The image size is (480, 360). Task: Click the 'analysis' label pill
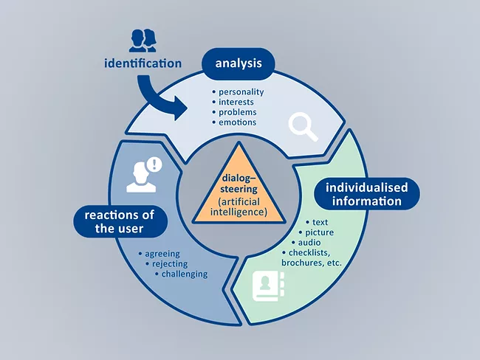point(238,63)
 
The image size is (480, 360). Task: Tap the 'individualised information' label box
point(366,194)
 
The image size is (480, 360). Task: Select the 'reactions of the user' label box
point(118,221)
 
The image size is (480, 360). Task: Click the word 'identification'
point(143,64)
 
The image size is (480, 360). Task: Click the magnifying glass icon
point(303,126)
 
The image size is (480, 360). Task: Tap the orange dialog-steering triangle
point(239,187)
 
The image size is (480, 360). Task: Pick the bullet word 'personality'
point(240,92)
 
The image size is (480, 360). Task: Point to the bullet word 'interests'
point(236,102)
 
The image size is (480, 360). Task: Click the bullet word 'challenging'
point(185,274)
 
